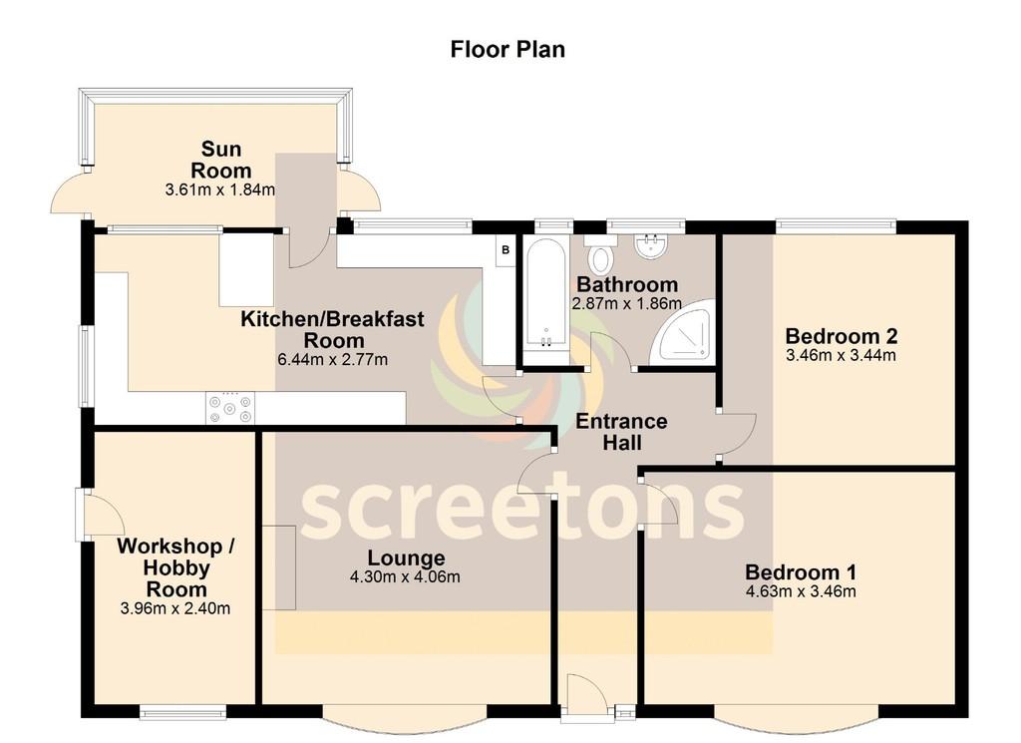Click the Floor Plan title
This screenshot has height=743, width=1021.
coord(508,50)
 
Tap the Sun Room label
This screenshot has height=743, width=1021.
coord(220,160)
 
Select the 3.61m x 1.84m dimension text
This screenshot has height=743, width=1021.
coord(220,190)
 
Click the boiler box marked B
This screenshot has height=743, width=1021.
coord(506,250)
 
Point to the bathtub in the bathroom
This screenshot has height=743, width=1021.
coord(545,301)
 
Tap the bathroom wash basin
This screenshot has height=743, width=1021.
coord(650,246)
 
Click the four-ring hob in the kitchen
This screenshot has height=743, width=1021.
coord(230,408)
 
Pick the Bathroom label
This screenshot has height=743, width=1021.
coord(627,284)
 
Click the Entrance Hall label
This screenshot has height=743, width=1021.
coord(621,432)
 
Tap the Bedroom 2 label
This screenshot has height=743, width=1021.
coord(842,336)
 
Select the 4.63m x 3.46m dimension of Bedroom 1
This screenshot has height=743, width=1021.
coord(801,591)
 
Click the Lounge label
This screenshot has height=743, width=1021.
coord(406,558)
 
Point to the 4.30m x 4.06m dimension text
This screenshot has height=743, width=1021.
coord(405,577)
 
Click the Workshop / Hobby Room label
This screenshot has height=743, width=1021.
coord(175,567)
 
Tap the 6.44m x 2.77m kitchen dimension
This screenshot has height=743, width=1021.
coord(333,359)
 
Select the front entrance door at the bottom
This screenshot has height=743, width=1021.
coord(587,697)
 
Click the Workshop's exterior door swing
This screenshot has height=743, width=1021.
coord(101,513)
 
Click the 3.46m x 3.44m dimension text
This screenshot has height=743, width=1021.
coord(841,356)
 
